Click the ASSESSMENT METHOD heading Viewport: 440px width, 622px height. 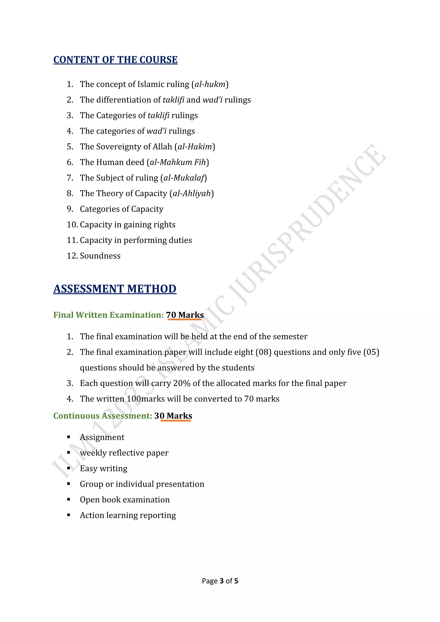click(x=115, y=289)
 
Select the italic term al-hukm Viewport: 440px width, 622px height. click(x=210, y=84)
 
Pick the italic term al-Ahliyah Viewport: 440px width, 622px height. click(x=192, y=194)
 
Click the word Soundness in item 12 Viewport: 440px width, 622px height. click(x=100, y=256)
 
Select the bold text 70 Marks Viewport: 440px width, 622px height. click(x=185, y=315)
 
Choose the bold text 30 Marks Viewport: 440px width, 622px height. click(x=173, y=416)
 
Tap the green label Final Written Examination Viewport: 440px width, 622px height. click(x=108, y=315)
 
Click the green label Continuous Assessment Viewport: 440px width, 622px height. click(x=103, y=416)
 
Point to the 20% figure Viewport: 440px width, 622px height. click(x=182, y=383)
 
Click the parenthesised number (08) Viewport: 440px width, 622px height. click(x=263, y=352)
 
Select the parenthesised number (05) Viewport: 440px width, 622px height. click(x=371, y=352)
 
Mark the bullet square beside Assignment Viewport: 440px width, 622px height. click(x=69, y=437)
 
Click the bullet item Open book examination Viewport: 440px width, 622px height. click(x=125, y=500)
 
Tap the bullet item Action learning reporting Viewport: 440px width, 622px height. click(x=128, y=515)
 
